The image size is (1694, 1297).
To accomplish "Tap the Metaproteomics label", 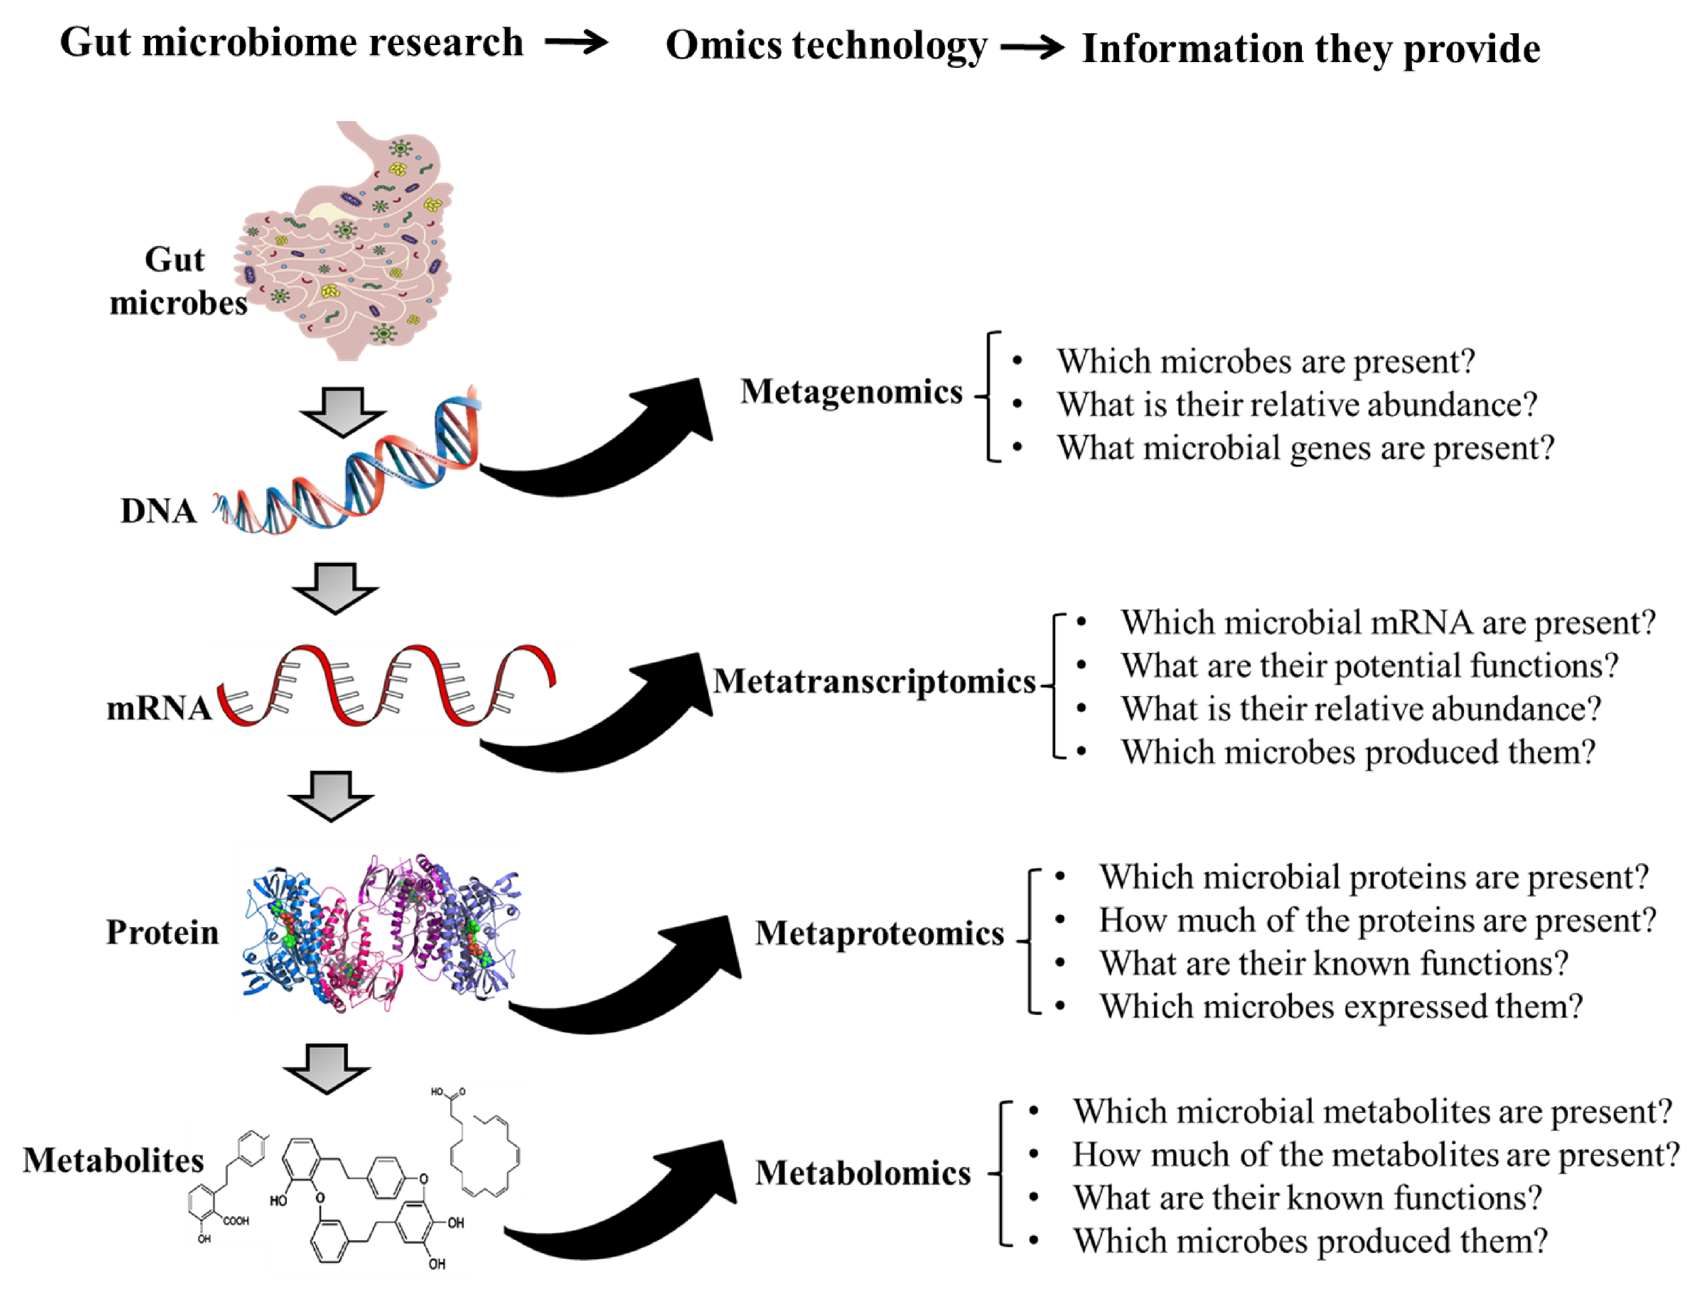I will (879, 933).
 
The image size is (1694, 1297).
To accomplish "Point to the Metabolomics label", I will (862, 1173).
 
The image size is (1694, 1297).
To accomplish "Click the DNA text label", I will (158, 511).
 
